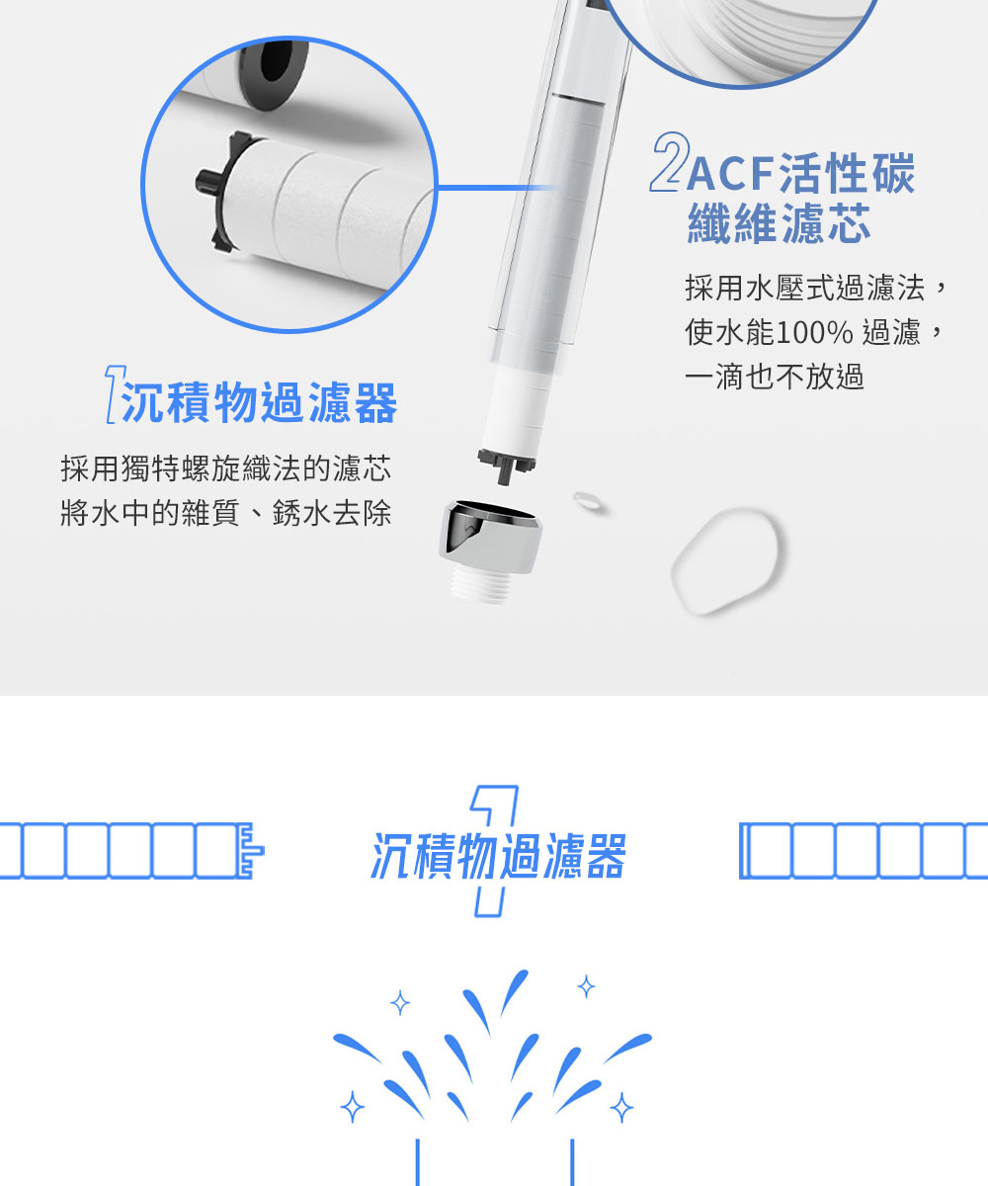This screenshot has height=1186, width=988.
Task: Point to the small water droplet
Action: coord(588,501)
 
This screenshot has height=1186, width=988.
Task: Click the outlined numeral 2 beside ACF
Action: coord(670,162)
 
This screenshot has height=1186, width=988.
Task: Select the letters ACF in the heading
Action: coord(730,173)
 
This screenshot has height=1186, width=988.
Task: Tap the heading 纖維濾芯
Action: coord(779,223)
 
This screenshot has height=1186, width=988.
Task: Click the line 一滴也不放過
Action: coord(775,377)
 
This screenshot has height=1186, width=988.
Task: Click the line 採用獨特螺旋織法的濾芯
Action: coord(226,468)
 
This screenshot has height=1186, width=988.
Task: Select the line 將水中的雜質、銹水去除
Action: coord(226,513)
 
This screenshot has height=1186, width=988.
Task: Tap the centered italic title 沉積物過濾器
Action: coord(498,856)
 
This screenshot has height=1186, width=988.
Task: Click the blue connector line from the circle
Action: coord(497,188)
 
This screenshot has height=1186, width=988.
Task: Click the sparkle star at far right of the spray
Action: coord(621,1107)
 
